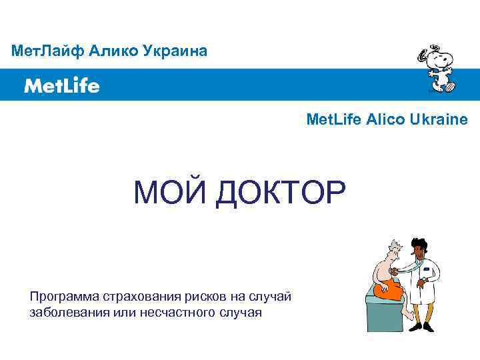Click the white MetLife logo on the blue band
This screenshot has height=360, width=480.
(62, 85)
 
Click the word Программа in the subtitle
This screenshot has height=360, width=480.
(64, 296)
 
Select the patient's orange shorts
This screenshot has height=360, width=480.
(389, 290)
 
